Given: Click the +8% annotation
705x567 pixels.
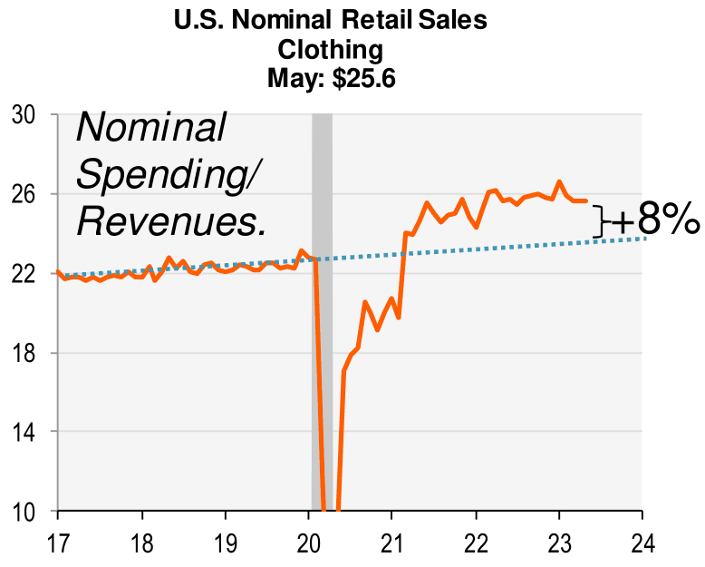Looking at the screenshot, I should click(x=654, y=221).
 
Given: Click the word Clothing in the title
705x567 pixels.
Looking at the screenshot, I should click(x=331, y=49).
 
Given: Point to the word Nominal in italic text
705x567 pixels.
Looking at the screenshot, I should click(x=150, y=128).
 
